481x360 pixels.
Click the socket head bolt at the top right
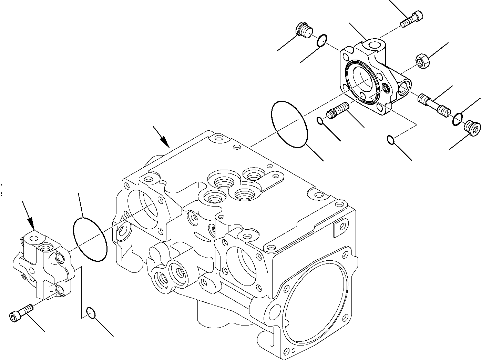pyautogui.click(x=412, y=18)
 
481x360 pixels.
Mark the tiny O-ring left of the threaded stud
pyautogui.click(x=320, y=120)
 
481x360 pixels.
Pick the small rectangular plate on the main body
pyautogui.click(x=339, y=230)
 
